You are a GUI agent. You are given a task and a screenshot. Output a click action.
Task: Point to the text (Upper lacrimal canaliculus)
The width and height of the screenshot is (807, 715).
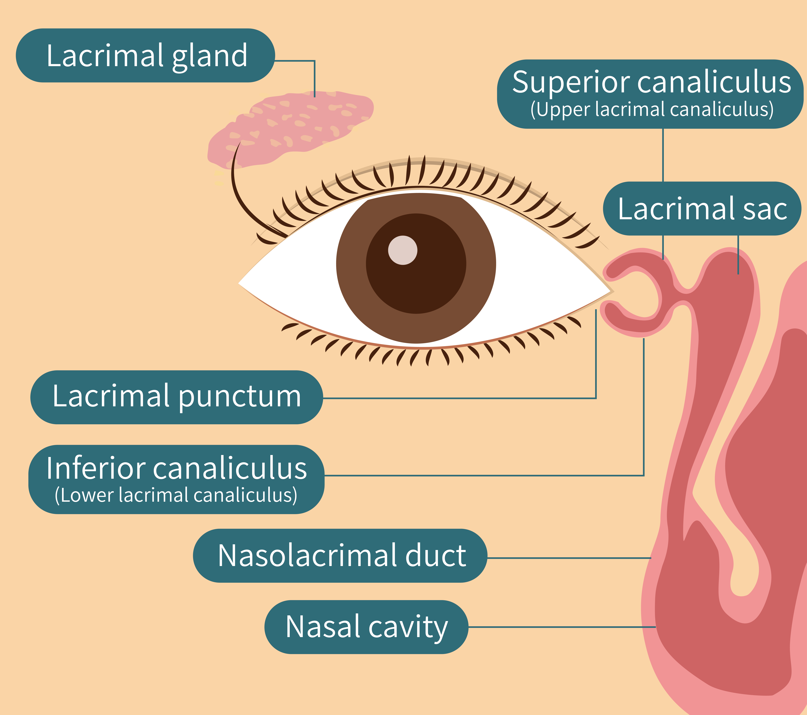coord(651,110)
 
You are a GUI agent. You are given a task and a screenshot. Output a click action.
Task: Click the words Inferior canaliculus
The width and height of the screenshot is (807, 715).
coord(177,468)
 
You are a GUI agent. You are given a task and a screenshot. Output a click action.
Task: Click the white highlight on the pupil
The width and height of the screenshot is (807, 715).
coord(402,250)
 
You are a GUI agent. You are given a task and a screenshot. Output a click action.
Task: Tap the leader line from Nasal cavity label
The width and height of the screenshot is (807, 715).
coord(561,627)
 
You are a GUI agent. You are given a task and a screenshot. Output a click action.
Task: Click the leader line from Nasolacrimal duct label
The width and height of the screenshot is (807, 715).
coord(569,558)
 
